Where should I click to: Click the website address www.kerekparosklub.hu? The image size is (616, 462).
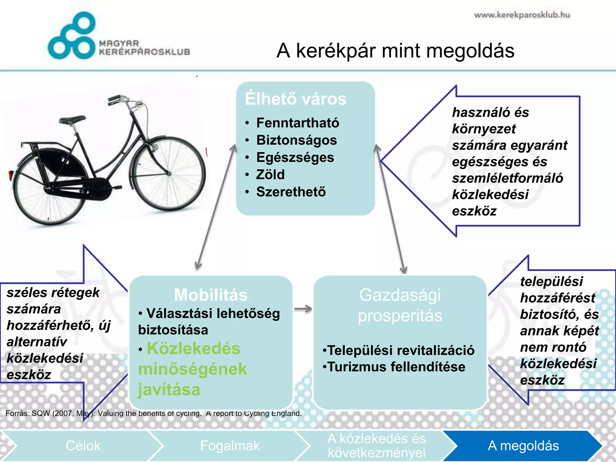point(522,15)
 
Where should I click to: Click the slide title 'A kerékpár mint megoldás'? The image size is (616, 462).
point(395,51)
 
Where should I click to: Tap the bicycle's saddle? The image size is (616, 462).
point(72,120)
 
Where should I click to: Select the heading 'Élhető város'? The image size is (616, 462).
point(296,99)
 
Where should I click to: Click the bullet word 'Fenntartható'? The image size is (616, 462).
point(297,123)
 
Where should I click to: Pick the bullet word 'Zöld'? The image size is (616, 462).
point(270,174)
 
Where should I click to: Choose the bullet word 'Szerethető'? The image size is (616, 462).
point(291,192)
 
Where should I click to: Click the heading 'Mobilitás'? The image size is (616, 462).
point(211,295)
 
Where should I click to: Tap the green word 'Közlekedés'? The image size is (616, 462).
point(193,349)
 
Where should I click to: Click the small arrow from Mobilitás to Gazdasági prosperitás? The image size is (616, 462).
point(303,309)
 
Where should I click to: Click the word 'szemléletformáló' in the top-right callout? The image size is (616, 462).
point(507,178)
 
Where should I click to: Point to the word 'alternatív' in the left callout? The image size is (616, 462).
point(37,342)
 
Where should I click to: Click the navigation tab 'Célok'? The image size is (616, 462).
point(83,446)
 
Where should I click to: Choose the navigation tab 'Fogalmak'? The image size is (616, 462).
point(229,446)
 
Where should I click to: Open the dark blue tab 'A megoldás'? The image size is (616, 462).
point(523,446)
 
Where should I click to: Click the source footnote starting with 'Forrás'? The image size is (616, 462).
point(153,413)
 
